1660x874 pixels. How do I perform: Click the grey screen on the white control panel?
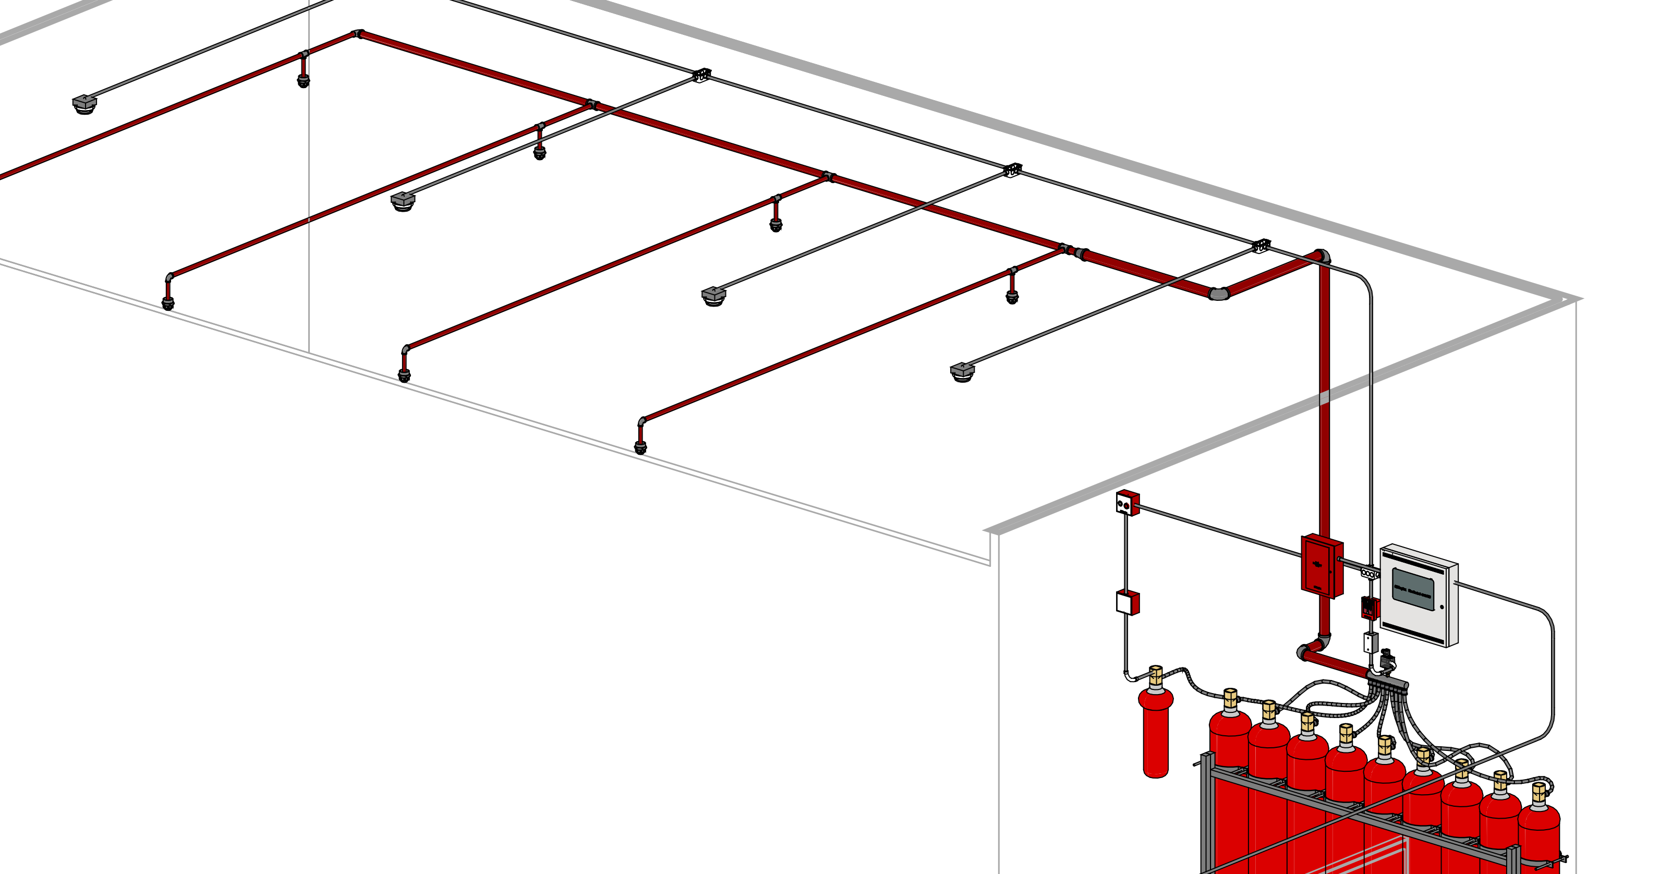[x=1413, y=589]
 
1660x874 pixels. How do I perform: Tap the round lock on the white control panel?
[x=1442, y=607]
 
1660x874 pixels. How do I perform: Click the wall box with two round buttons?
[x=1127, y=503]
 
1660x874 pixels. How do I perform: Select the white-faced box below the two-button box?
[x=1126, y=603]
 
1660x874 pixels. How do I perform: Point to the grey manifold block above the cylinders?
[x=1388, y=680]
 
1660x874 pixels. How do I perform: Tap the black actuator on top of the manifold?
[x=1387, y=661]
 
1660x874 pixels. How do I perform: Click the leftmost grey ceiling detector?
[x=84, y=104]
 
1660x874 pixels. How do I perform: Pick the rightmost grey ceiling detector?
[x=962, y=372]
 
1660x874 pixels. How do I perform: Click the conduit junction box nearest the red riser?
[x=1261, y=246]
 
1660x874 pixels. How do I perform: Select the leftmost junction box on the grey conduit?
[x=702, y=76]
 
